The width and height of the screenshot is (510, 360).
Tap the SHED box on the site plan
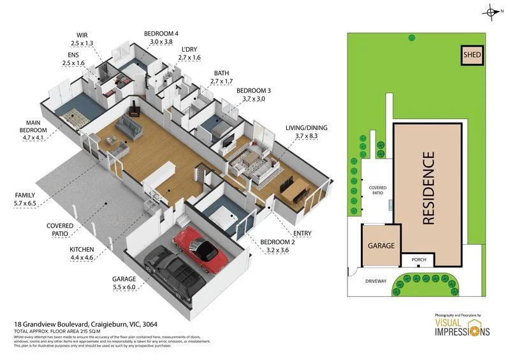(x=472, y=55)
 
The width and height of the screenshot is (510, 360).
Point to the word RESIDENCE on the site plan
(x=428, y=187)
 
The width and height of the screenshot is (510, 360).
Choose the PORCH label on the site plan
(x=418, y=260)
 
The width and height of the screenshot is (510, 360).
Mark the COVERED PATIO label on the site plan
(x=378, y=191)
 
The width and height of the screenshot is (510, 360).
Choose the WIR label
(x=82, y=34)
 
